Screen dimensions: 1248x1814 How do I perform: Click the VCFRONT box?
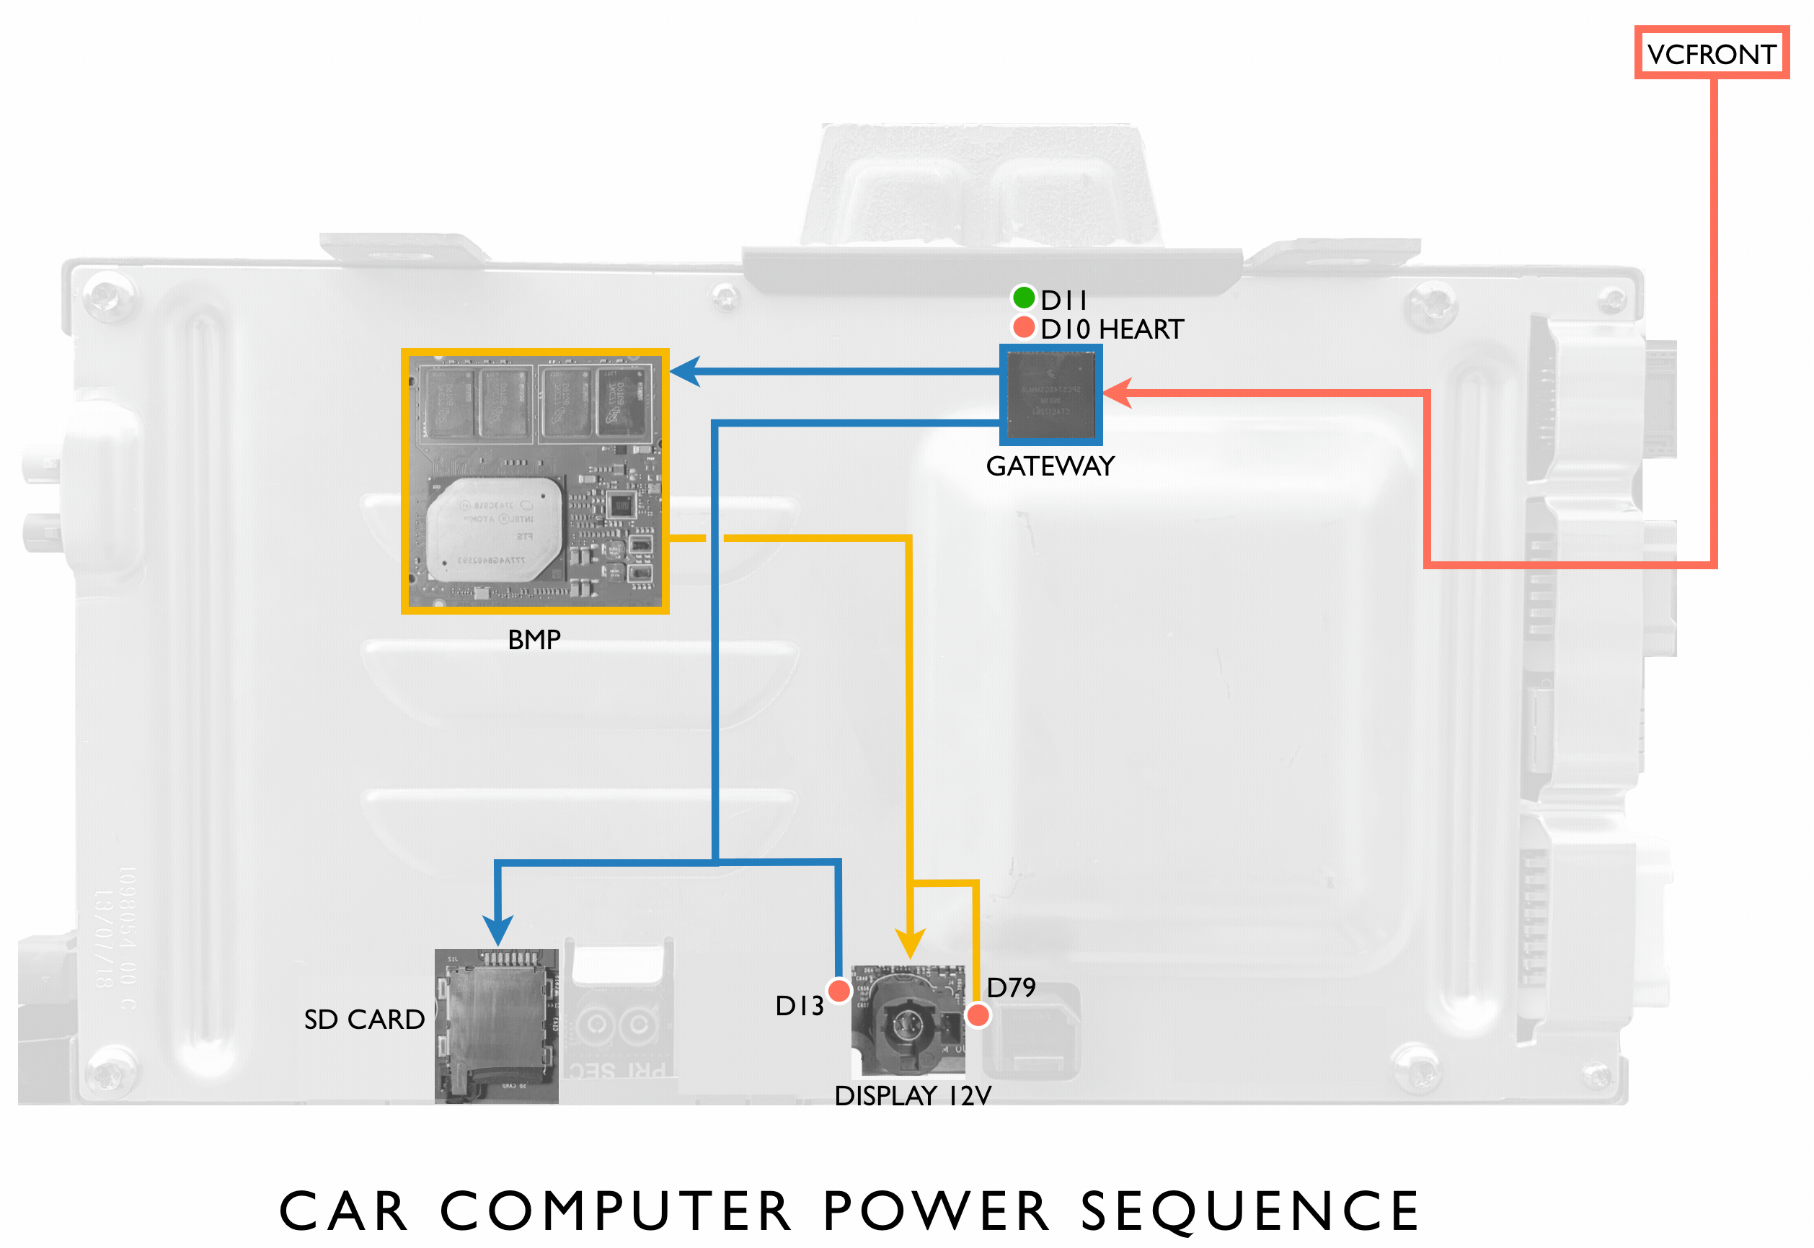(1711, 53)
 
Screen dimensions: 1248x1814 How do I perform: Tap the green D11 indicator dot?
(1023, 298)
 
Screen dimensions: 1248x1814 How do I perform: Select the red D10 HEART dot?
(1023, 327)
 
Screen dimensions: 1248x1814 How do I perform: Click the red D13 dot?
(839, 991)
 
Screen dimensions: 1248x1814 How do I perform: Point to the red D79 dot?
(978, 1015)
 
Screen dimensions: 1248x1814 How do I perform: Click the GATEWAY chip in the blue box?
(1050, 395)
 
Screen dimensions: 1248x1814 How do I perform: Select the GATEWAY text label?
(1050, 467)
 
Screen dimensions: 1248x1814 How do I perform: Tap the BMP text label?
(534, 641)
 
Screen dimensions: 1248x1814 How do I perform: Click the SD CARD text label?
(365, 1020)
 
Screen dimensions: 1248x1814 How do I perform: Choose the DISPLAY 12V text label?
(913, 1096)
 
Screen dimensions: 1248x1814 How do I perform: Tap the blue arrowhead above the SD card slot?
(497, 930)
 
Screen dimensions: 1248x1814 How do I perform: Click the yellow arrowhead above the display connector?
(910, 943)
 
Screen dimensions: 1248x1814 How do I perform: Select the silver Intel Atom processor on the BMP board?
(495, 530)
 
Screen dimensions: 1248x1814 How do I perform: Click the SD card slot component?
(496, 1025)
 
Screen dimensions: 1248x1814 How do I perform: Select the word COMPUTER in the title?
(616, 1211)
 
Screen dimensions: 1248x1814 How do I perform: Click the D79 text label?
(1011, 989)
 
